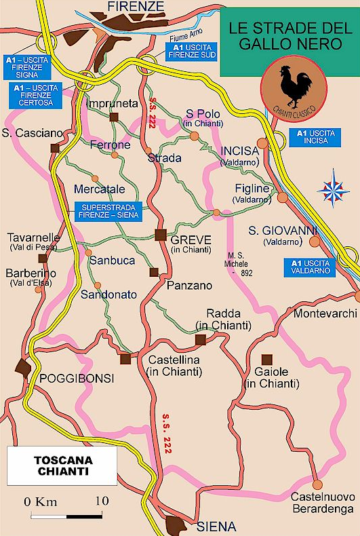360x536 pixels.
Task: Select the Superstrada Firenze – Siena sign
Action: coord(109,211)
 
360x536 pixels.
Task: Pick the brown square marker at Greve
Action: coord(160,235)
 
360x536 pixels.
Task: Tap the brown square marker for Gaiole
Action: coord(268,358)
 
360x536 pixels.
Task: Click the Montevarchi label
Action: coord(324,313)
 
